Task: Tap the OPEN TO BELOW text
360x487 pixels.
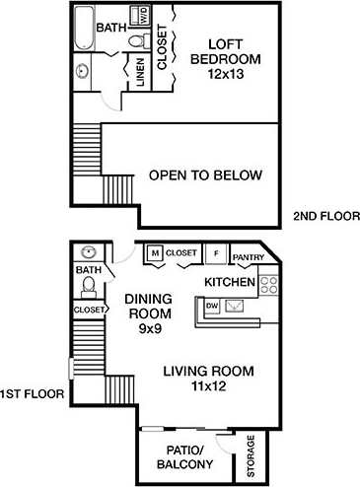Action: pos(205,175)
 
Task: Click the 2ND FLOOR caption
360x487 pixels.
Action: pos(326,216)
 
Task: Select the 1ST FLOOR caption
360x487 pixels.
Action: pos(33,393)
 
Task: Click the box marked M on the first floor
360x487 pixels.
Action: pos(154,253)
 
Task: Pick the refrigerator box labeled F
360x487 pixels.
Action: pos(215,253)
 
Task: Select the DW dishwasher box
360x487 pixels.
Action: pos(211,307)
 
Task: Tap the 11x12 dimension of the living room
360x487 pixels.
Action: pos(208,386)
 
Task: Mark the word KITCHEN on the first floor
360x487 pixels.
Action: pos(230,282)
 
